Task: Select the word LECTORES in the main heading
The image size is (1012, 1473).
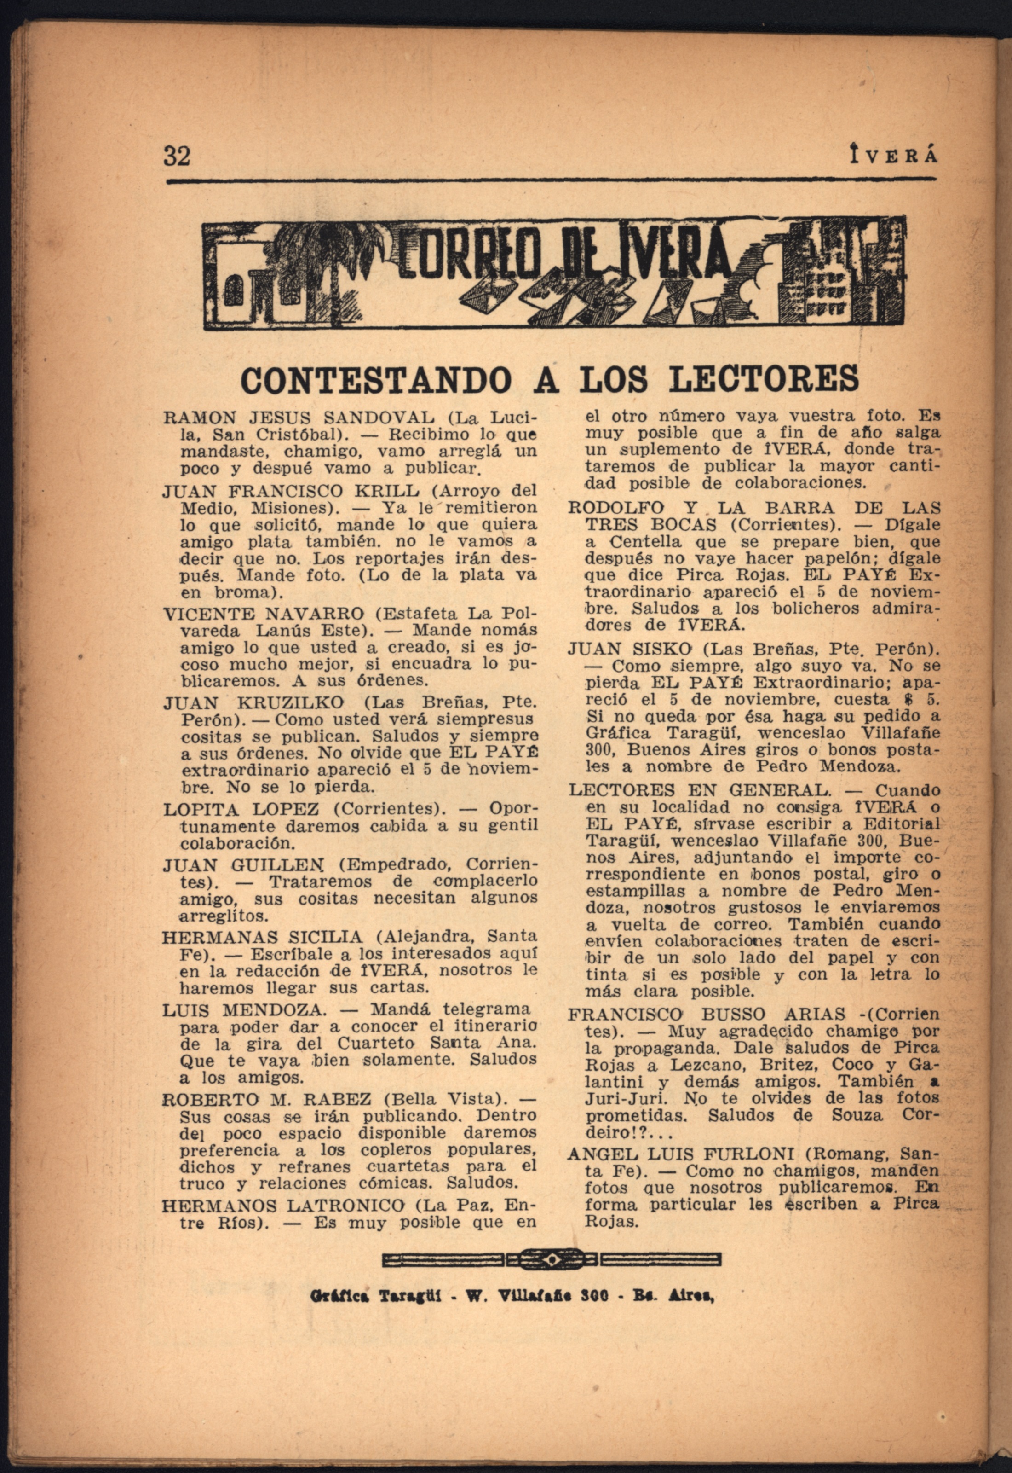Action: click(764, 379)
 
